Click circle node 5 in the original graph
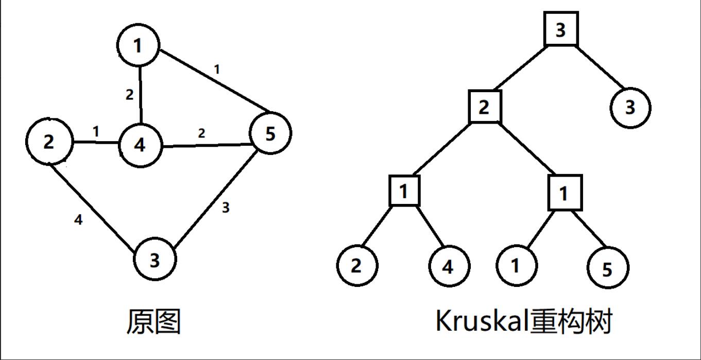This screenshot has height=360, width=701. pos(270,133)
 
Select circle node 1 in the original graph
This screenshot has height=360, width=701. pos(138,46)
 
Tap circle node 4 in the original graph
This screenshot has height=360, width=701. pos(140,145)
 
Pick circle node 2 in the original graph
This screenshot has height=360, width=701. pos(48,142)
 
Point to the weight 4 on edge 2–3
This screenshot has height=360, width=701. pos(78,220)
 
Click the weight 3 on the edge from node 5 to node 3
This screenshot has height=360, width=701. pos(225,208)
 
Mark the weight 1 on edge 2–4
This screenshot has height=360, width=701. pos(96,131)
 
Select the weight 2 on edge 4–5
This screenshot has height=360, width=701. pos(201,133)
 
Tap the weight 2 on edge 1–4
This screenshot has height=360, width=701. pos(129,94)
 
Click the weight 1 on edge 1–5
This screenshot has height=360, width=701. pos(217,69)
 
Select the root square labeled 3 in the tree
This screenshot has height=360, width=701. pos(561,30)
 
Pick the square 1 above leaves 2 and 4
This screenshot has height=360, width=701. pos(404,191)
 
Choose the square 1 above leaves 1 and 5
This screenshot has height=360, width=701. pos(565,193)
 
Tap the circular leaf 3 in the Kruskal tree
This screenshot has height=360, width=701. pos(630,108)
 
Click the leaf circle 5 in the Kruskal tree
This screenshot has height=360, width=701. pos(608,268)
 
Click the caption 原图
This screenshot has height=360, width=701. pos(153,322)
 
